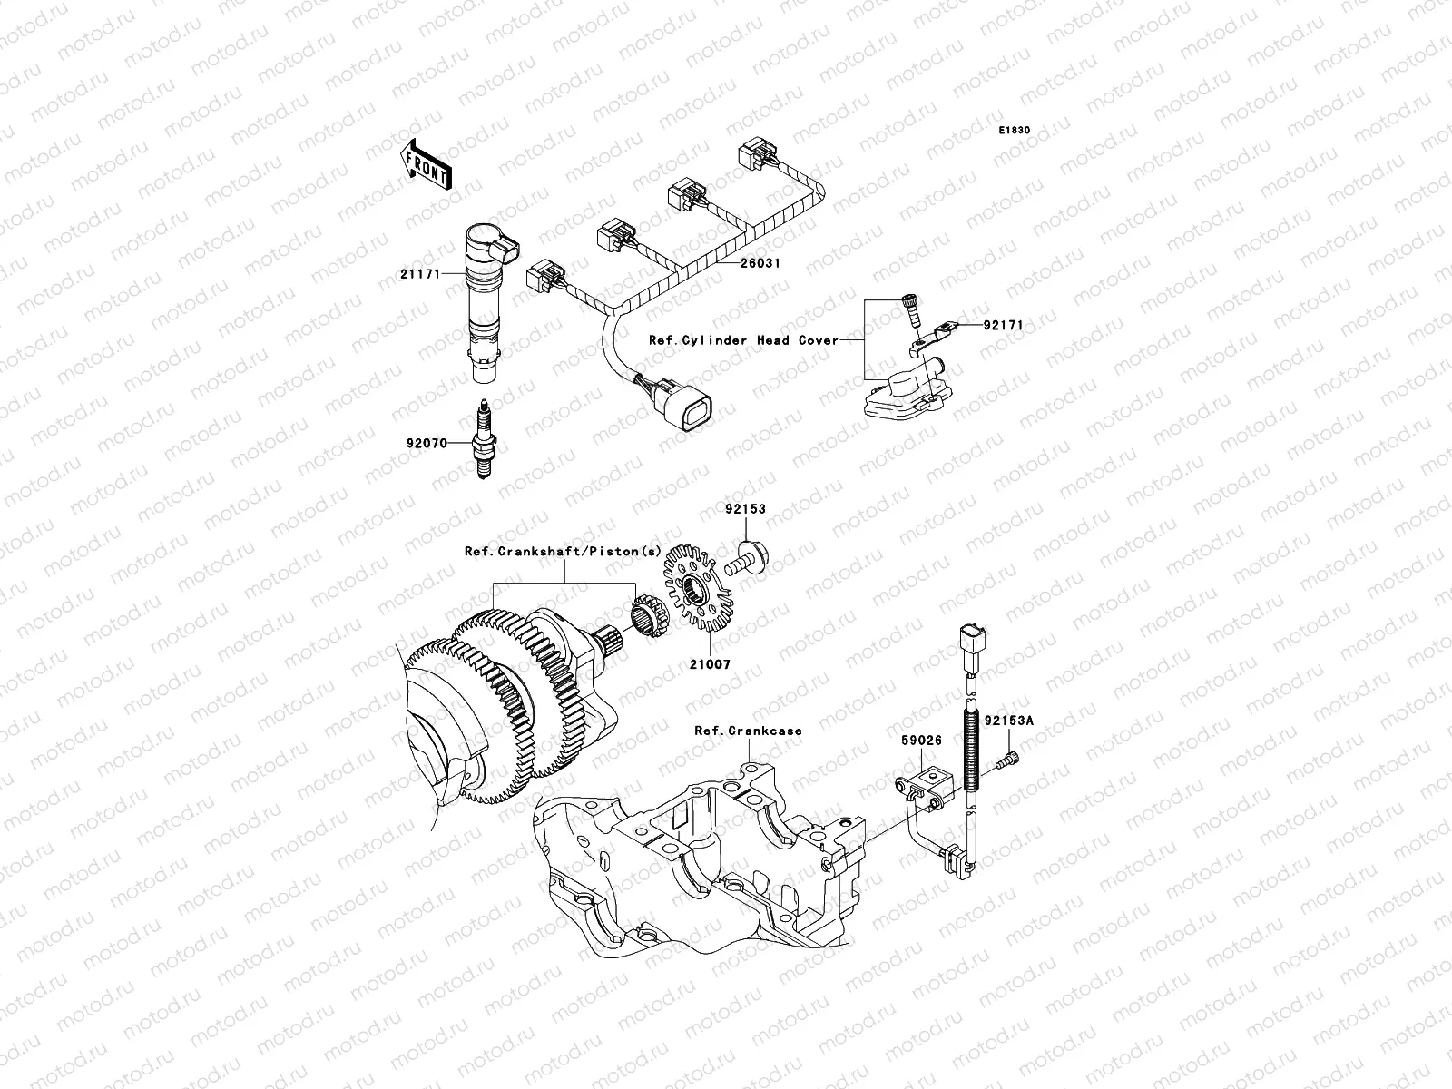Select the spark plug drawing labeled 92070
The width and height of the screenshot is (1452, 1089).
[482, 442]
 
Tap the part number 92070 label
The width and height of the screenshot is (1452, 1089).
[427, 444]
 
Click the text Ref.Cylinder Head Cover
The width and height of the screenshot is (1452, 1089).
[743, 340]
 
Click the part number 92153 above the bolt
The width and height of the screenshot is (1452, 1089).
[744, 509]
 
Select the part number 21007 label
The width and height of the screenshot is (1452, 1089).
[709, 664]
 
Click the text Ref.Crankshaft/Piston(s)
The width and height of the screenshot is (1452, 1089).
[562, 551]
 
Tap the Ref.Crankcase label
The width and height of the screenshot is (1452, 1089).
[748, 731]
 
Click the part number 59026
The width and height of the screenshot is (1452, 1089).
[921, 741]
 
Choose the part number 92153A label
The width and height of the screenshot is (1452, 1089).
[1008, 721]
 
